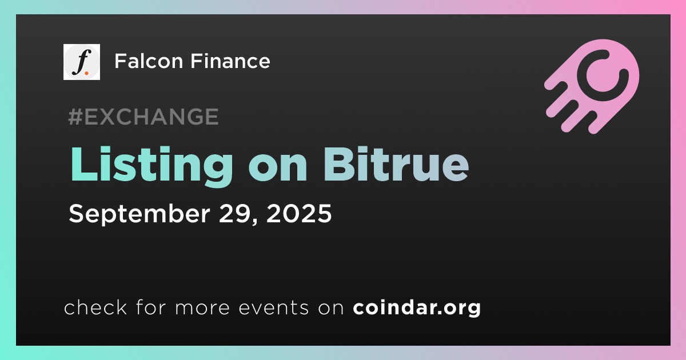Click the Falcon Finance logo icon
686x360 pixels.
pyautogui.click(x=81, y=62)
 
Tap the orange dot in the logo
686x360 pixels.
pyautogui.click(x=87, y=73)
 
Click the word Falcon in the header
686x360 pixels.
pyautogui.click(x=149, y=61)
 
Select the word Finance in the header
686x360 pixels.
pyautogui.click(x=230, y=61)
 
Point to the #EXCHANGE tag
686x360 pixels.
pyautogui.click(x=143, y=117)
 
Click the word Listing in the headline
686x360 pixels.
pyautogui.click(x=151, y=166)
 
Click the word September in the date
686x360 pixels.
pyautogui.click(x=139, y=214)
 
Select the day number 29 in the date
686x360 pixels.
pyautogui.click(x=238, y=213)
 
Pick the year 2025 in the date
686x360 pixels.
pyautogui.click(x=299, y=213)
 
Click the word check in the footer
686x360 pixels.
pyautogui.click(x=95, y=307)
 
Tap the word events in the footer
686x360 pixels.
pyautogui.click(x=273, y=307)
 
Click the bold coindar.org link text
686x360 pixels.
pyautogui.click(x=417, y=308)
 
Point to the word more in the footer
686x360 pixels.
pyautogui.click(x=202, y=307)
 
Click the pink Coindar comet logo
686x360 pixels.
pyautogui.click(x=592, y=86)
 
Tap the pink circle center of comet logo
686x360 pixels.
pyautogui.click(x=602, y=75)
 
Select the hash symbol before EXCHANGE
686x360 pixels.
pyautogui.click(x=75, y=117)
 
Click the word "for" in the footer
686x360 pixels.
pyautogui.click(x=151, y=307)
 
